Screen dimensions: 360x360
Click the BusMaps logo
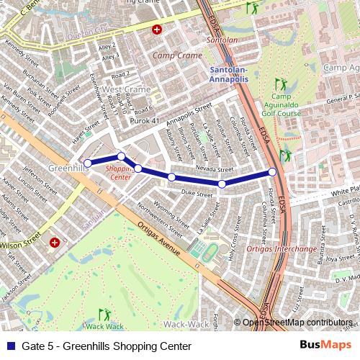(x=330, y=346)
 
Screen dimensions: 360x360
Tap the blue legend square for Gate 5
(x=9, y=346)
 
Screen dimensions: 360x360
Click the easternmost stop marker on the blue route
(x=272, y=171)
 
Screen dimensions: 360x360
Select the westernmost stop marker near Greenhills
(x=88, y=163)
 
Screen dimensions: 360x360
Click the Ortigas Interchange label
(x=282, y=249)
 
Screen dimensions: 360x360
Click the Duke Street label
(x=197, y=192)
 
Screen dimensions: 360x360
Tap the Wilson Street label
(x=19, y=244)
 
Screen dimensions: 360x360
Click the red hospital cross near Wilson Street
(x=55, y=243)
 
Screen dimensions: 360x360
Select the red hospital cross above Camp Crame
(x=156, y=30)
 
